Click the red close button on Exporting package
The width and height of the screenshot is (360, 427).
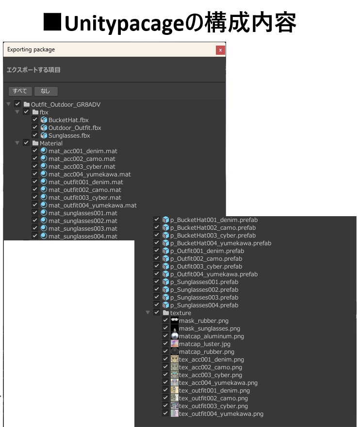[x=220, y=50]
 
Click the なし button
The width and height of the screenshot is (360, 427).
[x=46, y=91]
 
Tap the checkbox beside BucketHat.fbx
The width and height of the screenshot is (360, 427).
[x=35, y=120]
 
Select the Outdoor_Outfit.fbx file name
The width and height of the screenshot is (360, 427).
[x=75, y=127]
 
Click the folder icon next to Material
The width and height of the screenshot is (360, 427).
[x=35, y=143]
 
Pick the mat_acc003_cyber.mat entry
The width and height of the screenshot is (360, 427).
[x=82, y=166]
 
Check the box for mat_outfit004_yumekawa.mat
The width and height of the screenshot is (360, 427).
[x=35, y=205]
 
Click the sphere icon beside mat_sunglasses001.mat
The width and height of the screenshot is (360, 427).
[x=44, y=213]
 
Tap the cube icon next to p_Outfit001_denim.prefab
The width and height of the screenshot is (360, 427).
[x=165, y=251]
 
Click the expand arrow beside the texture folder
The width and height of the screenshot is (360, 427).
[x=147, y=313]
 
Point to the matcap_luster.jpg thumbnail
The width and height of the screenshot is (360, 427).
[x=175, y=344]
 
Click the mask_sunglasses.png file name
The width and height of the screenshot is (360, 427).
[x=210, y=328]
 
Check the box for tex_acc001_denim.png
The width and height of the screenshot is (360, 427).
[x=165, y=359]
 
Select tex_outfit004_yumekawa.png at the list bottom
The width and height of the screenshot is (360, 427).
[x=221, y=413]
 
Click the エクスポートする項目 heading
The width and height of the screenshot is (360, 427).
[x=33, y=70]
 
